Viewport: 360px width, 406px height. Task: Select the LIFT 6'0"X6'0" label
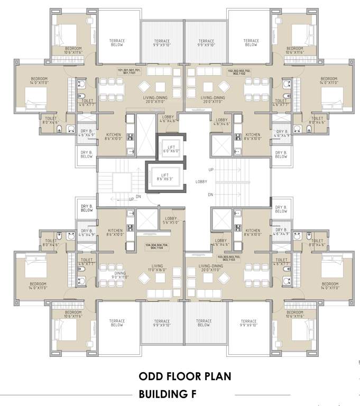[172, 149]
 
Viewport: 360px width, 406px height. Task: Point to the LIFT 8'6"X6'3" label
[165, 177]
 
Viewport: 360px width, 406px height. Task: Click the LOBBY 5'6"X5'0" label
[171, 220]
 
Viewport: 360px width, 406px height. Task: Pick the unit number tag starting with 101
[130, 71]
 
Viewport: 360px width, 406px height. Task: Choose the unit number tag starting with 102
[239, 71]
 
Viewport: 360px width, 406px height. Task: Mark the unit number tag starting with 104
[156, 247]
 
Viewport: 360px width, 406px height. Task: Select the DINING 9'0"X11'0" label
[121, 274]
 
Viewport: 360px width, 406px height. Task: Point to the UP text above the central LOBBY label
[211, 170]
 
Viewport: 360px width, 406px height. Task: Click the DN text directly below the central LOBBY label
[210, 195]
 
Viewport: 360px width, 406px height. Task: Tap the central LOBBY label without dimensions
[202, 181]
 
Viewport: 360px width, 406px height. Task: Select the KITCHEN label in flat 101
[114, 136]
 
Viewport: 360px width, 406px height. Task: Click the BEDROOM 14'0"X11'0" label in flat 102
[329, 80]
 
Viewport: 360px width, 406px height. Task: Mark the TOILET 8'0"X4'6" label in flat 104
[50, 243]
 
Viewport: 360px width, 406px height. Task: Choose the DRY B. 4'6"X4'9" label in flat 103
[281, 233]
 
